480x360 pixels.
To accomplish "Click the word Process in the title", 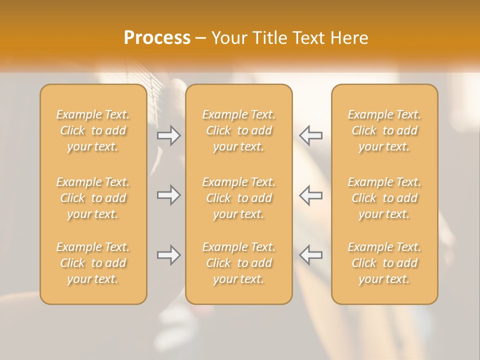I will click(x=157, y=37).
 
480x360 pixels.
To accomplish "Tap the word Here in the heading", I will click(x=349, y=37).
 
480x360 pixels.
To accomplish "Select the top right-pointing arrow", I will click(x=168, y=135).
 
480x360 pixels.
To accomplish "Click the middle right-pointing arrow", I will click(x=168, y=195).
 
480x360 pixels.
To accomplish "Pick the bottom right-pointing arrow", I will click(x=168, y=255).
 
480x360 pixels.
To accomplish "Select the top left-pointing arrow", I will click(x=311, y=135).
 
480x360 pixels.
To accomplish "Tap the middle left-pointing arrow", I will click(x=311, y=195).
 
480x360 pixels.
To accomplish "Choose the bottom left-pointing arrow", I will click(x=311, y=255).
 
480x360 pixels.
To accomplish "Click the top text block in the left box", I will click(x=93, y=130).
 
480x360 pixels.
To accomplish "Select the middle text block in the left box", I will click(x=93, y=198).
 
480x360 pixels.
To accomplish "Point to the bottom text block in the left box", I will click(x=93, y=263).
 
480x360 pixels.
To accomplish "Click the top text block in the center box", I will click(x=238, y=130).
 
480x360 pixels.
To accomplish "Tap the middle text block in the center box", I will click(x=238, y=198).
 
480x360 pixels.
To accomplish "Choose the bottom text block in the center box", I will click(x=238, y=263).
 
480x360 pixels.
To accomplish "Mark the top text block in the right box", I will click(x=384, y=130).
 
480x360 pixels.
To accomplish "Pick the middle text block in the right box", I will click(x=384, y=198).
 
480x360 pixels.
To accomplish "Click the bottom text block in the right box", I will click(x=384, y=263).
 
